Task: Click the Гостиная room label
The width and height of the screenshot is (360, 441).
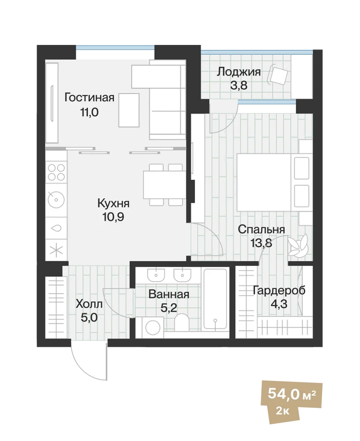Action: [89, 97]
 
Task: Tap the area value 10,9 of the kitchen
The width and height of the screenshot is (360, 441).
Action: [113, 217]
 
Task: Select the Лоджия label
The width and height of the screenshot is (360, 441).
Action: [239, 72]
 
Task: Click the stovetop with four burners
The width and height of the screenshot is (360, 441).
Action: [56, 172]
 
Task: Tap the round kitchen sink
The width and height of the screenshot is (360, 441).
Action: [56, 200]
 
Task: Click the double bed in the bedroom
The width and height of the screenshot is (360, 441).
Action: [275, 182]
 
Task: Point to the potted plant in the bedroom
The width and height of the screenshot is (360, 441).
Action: [298, 245]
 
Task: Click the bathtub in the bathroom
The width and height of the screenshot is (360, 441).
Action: [215, 299]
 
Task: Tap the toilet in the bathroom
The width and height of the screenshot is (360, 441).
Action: [182, 323]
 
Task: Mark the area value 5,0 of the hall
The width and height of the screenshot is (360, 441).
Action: [89, 318]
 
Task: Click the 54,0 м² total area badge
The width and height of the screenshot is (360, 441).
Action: [292, 393]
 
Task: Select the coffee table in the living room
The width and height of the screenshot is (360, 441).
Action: [129, 110]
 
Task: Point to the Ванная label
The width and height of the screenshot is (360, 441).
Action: [169, 295]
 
